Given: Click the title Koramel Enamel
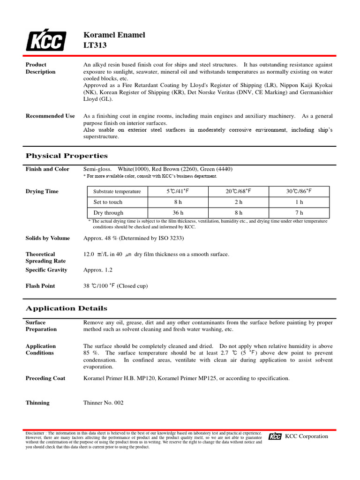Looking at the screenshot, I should point(114,35).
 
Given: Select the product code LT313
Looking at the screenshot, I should point(95,45).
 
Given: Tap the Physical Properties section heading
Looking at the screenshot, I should point(66,156).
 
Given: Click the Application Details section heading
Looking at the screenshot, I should point(66,308).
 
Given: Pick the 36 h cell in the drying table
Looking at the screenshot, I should point(178,213).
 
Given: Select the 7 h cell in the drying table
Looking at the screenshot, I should point(299,213).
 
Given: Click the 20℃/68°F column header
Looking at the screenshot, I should point(238,191).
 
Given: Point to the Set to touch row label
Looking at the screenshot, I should point(108,202).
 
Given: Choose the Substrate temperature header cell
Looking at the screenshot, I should point(117,191).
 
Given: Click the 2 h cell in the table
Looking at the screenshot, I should point(238,202).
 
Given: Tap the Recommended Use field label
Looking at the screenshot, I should point(50,116).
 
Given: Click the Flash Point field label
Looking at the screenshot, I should point(40,286).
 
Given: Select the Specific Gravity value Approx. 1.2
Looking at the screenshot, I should point(97,270).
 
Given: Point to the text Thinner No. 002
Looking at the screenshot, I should point(103,403).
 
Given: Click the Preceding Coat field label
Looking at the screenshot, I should point(45,378).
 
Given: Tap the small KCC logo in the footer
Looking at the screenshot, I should point(275,436).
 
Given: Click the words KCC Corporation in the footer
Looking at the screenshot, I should point(307,436).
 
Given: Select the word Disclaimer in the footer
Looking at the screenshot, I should point(35,433).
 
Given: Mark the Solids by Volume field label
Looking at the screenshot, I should point(47,238).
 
